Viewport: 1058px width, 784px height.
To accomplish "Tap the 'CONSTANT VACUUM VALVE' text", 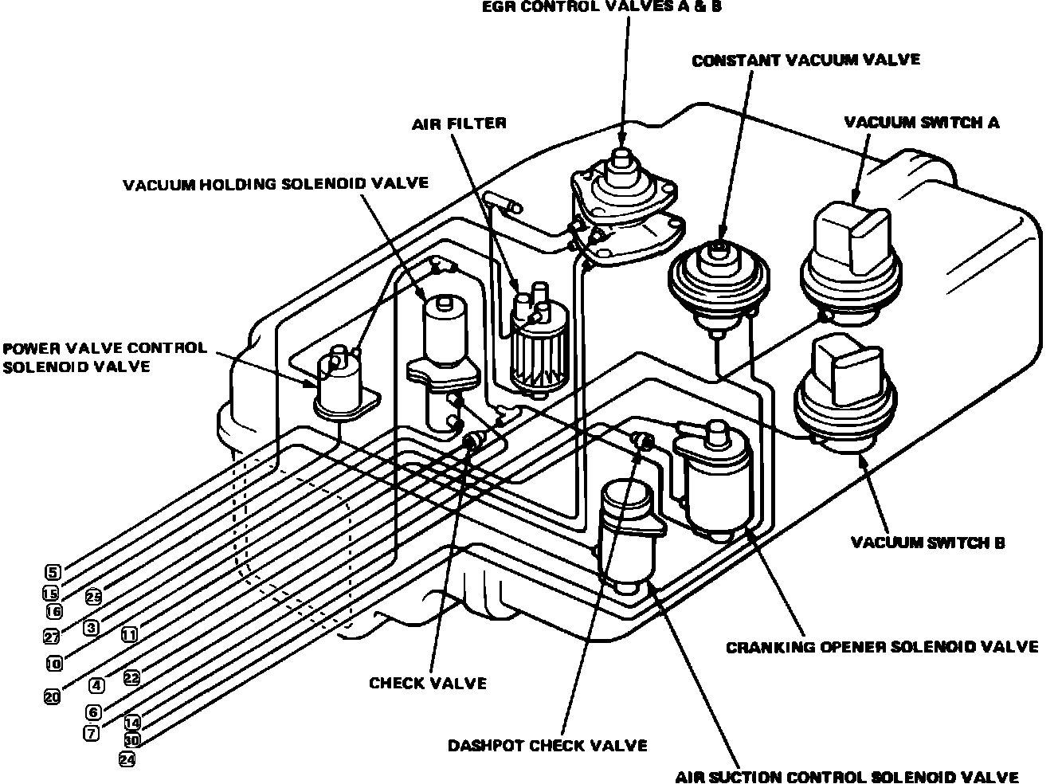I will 805,61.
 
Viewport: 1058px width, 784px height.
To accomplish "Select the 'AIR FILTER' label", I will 458,123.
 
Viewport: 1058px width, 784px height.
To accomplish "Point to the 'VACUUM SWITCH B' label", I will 927,543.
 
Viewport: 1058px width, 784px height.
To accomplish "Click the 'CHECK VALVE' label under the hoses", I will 428,684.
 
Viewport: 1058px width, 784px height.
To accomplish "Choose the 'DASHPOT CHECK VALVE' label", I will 547,746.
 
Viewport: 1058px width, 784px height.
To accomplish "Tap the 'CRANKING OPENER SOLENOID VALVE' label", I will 882,646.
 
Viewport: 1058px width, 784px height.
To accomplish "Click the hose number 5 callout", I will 53,572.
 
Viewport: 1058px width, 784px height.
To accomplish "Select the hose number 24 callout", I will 127,759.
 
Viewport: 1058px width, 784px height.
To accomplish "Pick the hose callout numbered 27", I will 52,636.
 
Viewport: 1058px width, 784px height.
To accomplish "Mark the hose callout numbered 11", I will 129,635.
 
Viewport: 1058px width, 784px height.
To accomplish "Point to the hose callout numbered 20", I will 52,696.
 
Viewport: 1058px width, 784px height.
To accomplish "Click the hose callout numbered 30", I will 132,739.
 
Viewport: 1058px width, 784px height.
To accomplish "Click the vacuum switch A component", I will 852,255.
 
